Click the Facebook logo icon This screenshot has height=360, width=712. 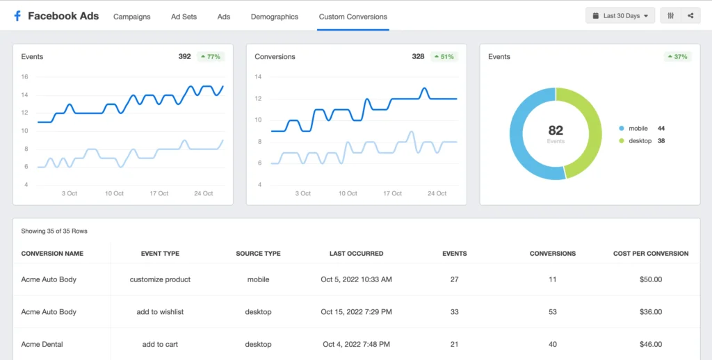tap(17, 15)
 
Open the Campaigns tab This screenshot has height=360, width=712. tap(131, 17)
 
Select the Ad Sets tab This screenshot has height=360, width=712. tap(184, 17)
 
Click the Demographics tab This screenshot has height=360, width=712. tap(274, 17)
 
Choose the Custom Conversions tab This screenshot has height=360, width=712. tap(353, 17)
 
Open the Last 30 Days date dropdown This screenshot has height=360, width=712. tap(620, 15)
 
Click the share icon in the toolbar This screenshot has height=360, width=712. tap(690, 15)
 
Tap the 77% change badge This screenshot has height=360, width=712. tap(211, 56)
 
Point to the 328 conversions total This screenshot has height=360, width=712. tap(418, 56)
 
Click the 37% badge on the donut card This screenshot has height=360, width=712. tap(678, 56)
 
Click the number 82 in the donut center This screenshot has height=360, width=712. tap(556, 130)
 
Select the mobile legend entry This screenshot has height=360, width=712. tap(638, 129)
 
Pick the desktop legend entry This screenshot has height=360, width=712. tap(639, 140)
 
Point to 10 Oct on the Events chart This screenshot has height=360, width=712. tap(114, 193)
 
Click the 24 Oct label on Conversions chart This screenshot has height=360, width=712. tap(437, 193)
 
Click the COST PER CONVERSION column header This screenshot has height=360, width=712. tap(651, 254)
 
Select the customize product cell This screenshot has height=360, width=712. tap(160, 279)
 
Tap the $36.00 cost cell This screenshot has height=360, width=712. tap(651, 312)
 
